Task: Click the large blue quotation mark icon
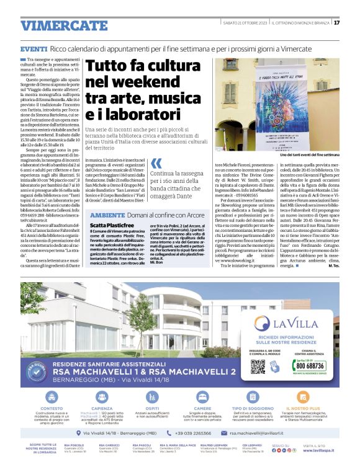pos(156,164)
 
